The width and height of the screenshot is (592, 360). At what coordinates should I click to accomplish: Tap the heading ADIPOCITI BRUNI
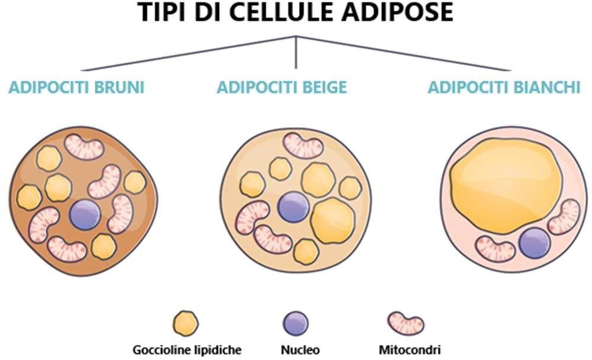77,88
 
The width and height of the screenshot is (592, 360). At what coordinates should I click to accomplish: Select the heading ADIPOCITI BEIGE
282,88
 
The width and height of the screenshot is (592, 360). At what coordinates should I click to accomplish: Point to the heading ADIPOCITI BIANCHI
504,88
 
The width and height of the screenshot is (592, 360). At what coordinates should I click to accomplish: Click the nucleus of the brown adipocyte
85,214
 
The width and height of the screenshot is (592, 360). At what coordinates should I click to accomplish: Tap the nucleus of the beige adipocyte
294,207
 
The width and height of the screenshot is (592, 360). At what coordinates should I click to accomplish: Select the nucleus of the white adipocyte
535,243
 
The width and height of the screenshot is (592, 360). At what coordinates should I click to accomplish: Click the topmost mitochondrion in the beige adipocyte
303,146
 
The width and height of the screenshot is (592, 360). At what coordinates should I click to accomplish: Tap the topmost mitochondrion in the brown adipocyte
84,146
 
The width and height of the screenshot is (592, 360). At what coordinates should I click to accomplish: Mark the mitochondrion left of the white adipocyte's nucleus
496,249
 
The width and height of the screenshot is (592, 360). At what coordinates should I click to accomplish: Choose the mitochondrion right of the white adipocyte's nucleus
564,217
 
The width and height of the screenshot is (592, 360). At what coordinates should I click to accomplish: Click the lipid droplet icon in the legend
185,323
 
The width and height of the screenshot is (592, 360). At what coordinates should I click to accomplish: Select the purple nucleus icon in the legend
295,323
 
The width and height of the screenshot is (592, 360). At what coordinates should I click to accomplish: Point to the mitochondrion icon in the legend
406,323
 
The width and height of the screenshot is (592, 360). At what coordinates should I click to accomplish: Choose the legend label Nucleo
295,350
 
